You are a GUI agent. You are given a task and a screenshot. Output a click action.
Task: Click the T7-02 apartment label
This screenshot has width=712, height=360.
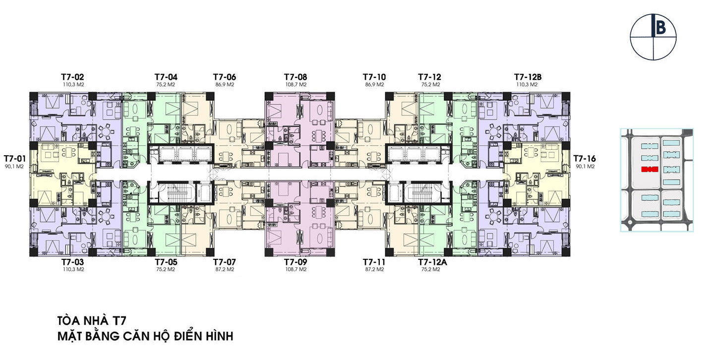click(73, 77)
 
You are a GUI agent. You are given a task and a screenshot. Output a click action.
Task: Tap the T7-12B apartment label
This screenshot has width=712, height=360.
click(528, 77)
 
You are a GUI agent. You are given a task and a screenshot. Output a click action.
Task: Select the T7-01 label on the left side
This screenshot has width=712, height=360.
click(14, 158)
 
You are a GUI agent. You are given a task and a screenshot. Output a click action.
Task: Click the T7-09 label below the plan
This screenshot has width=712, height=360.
click(296, 262)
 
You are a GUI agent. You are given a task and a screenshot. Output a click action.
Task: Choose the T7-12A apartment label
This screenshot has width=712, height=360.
click(432, 262)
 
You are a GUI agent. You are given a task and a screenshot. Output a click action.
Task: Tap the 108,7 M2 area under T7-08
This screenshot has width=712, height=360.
click(296, 85)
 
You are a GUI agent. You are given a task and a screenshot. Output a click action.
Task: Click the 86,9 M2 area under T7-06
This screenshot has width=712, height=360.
click(225, 85)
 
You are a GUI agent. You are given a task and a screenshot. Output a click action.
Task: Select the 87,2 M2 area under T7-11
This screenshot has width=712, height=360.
click(374, 269)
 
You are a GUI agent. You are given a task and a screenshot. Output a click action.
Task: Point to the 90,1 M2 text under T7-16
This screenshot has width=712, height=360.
click(585, 166)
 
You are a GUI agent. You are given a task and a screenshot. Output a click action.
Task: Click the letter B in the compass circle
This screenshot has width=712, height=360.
click(660, 28)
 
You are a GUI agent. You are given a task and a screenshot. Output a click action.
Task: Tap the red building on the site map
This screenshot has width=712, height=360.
click(650, 170)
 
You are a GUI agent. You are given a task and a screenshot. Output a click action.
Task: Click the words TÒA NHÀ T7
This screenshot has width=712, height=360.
click(92, 320)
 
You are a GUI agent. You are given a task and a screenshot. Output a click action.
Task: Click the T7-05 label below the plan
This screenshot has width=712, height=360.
click(166, 262)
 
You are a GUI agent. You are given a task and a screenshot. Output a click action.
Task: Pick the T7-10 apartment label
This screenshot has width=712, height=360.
click(374, 77)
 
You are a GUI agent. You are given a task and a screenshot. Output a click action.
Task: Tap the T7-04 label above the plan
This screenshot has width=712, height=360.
click(166, 77)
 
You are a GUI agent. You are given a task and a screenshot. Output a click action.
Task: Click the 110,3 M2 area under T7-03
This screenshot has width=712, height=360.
click(73, 269)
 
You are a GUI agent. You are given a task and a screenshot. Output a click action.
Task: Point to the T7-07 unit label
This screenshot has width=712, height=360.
click(225, 262)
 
